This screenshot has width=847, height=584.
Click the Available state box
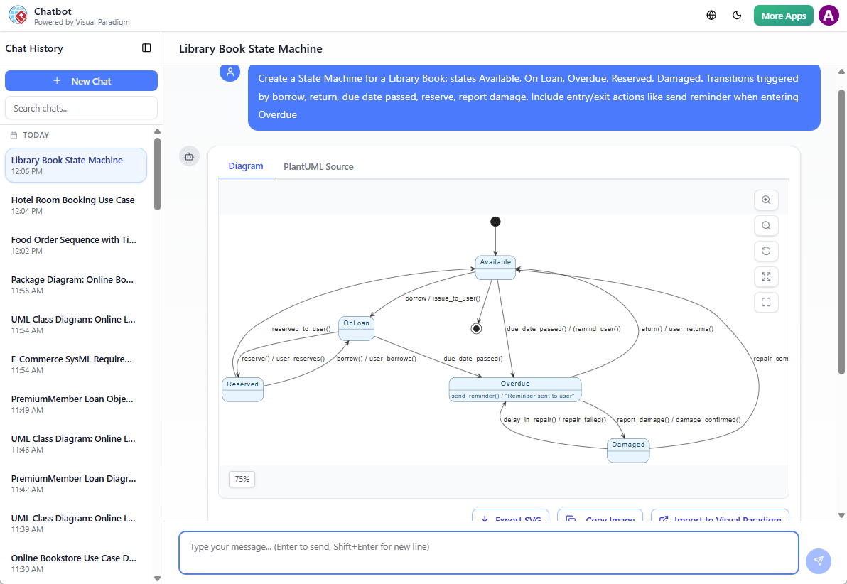(x=495, y=266)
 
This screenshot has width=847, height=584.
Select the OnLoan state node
(x=356, y=328)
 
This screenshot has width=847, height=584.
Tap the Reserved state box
(x=242, y=389)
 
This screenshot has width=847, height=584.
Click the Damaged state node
(x=628, y=450)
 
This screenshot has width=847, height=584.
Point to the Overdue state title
(x=515, y=384)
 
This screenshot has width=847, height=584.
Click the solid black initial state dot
(x=495, y=222)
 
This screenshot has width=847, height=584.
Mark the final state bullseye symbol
(x=476, y=328)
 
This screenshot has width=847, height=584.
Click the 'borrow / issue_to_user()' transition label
(x=443, y=298)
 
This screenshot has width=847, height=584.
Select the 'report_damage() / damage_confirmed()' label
(x=679, y=420)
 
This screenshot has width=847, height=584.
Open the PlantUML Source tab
(x=318, y=167)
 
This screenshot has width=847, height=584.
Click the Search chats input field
(x=81, y=108)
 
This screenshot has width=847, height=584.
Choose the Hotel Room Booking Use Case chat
(x=72, y=200)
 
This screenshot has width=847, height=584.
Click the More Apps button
(x=783, y=16)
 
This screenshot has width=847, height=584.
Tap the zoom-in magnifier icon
(x=766, y=200)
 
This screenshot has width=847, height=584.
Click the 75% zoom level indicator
(x=242, y=480)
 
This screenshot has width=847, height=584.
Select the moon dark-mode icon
(x=737, y=16)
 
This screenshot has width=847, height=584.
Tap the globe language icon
(x=711, y=16)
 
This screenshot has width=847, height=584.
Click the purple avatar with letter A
(x=829, y=16)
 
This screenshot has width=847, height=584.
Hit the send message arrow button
(x=819, y=561)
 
